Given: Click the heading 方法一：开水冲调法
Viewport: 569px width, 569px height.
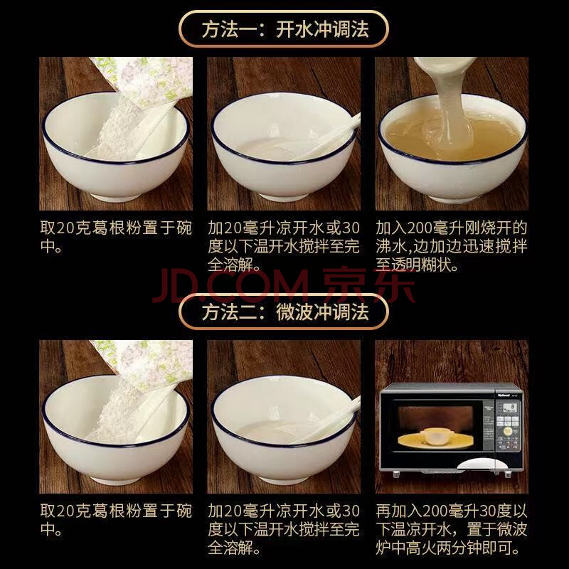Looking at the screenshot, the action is pos(285,29).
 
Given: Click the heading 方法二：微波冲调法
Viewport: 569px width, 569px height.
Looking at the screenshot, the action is pos(285,312).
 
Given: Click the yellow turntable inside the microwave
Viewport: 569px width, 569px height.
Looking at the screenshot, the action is pos(435,440).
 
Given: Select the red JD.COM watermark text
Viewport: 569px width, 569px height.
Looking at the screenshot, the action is pos(230,287).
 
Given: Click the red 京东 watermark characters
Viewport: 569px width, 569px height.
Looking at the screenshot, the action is pos(368,285).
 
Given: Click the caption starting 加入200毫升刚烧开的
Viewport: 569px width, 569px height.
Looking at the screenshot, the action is pos(452,246).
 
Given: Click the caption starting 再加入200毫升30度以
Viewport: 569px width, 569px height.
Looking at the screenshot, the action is pos(452,529).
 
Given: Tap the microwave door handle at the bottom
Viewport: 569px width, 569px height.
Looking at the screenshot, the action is pos(474,464).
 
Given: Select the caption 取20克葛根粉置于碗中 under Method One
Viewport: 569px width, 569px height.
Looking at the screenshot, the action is pos(116,238).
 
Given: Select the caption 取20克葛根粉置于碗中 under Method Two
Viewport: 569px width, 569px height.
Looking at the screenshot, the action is pos(116,521).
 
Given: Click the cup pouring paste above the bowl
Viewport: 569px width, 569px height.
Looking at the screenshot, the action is pos(445,65).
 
